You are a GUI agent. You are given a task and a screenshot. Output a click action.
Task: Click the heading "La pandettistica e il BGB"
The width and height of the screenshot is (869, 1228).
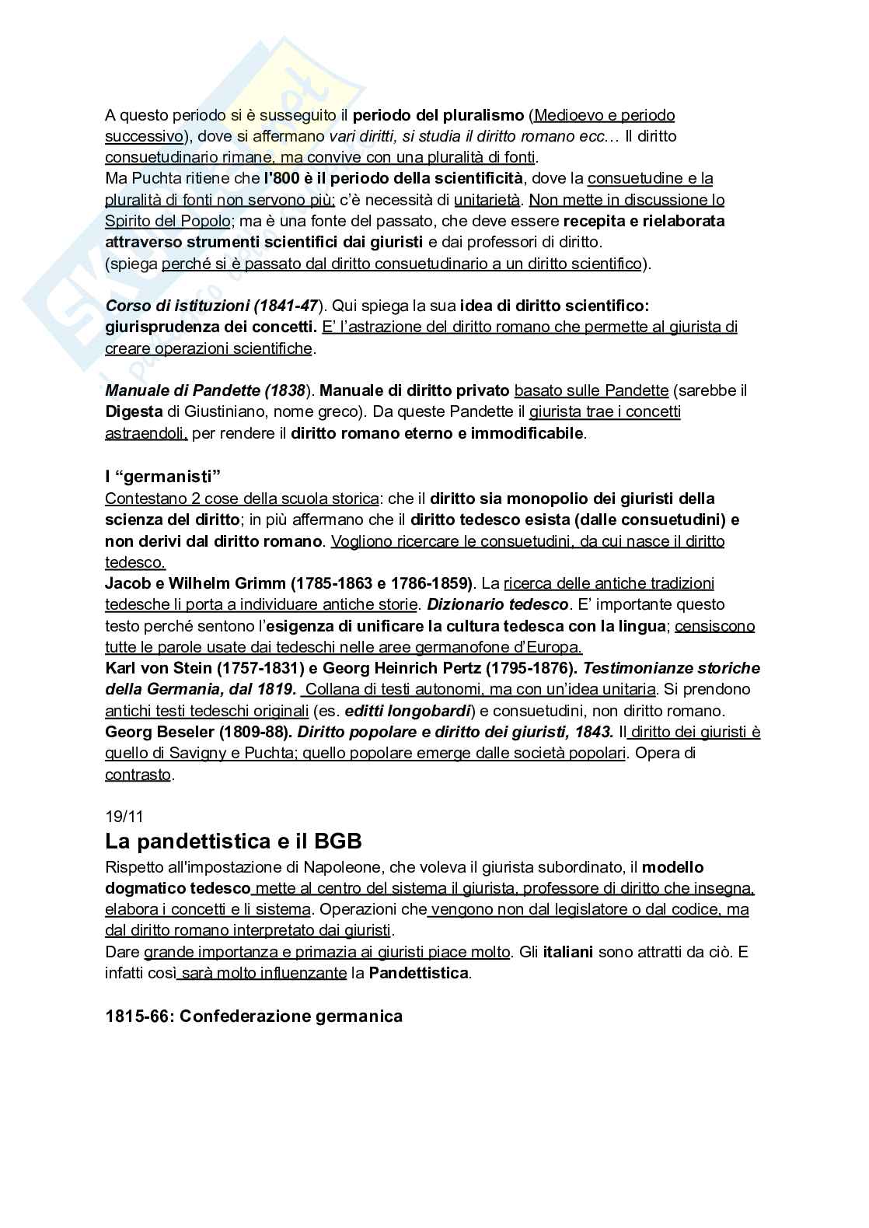click(x=233, y=841)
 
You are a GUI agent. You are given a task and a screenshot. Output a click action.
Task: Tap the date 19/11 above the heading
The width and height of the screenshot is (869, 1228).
click(x=124, y=817)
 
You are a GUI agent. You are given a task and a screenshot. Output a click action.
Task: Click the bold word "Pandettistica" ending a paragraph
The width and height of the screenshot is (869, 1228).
click(x=419, y=973)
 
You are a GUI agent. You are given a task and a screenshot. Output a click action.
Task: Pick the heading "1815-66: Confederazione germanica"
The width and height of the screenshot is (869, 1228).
click(x=253, y=1016)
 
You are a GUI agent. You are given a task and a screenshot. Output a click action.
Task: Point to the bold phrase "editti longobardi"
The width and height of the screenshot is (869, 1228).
click(x=407, y=711)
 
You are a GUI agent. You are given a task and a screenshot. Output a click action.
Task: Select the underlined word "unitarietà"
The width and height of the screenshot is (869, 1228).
click(x=487, y=200)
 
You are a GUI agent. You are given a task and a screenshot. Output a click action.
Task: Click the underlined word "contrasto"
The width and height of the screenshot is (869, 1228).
click(x=138, y=775)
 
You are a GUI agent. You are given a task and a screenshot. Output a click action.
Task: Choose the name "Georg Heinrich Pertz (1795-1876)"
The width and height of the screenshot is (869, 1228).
click(x=452, y=668)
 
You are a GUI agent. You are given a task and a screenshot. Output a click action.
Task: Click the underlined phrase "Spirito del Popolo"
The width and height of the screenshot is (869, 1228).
click(x=168, y=221)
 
